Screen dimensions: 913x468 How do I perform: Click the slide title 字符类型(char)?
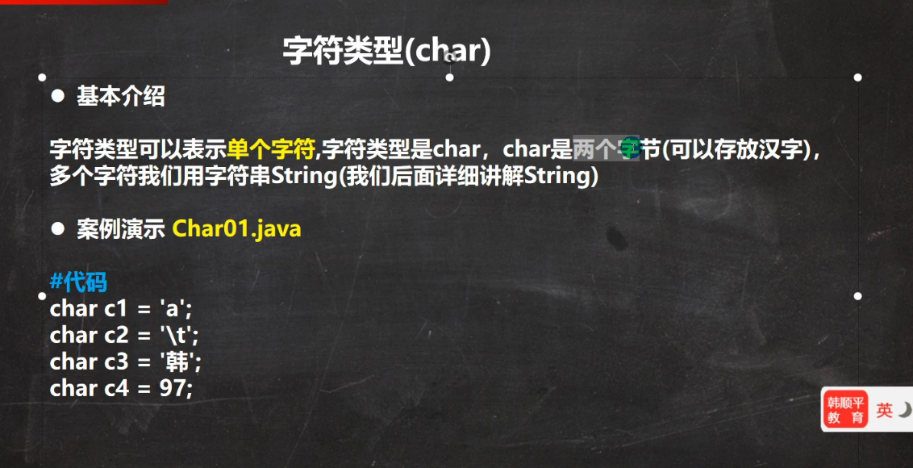click(x=387, y=52)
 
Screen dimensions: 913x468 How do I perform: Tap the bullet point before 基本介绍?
click(x=57, y=96)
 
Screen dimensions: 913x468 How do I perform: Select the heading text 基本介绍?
click(x=120, y=97)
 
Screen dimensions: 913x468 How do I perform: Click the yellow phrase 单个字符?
click(x=271, y=150)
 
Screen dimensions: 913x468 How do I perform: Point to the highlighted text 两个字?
click(x=607, y=150)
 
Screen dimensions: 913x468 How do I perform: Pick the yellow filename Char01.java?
click(x=237, y=229)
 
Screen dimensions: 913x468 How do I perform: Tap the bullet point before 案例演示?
click(x=57, y=229)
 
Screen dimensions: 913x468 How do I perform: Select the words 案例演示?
click(x=120, y=229)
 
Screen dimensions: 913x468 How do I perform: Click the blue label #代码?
click(x=78, y=282)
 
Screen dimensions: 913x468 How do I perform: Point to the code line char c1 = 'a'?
click(x=120, y=309)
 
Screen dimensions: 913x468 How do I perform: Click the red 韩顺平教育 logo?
click(x=846, y=410)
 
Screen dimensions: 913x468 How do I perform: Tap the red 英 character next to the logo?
click(x=885, y=410)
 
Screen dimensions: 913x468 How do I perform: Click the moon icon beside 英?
click(x=904, y=410)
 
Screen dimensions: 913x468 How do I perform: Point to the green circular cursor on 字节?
click(x=627, y=146)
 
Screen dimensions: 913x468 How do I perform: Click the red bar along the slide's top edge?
click(x=84, y=2)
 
